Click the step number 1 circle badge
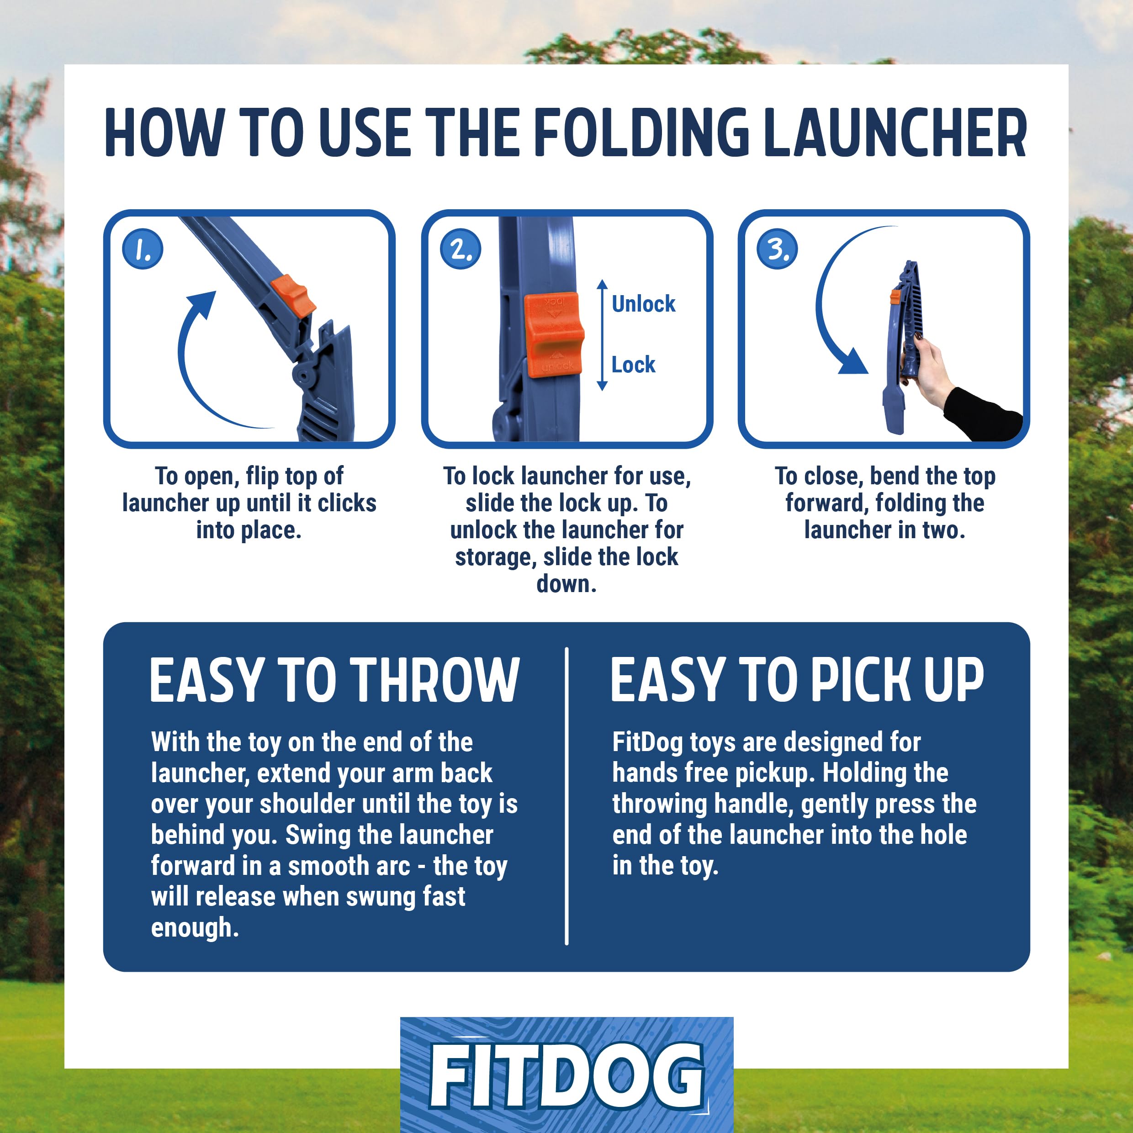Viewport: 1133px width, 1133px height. coord(143,249)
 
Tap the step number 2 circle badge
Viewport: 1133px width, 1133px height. coord(461,249)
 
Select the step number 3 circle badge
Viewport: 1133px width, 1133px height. coord(777,249)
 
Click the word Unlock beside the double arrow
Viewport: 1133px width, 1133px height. coord(643,304)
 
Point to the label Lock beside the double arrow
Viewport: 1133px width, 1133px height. coord(633,365)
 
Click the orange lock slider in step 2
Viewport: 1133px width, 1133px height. coord(554,335)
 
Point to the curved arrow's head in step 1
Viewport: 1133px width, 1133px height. coord(202,305)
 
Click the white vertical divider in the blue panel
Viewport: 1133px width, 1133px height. coord(566,796)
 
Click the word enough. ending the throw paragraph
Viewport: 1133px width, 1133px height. coord(195,928)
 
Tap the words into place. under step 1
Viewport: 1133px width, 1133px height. coord(249,530)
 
